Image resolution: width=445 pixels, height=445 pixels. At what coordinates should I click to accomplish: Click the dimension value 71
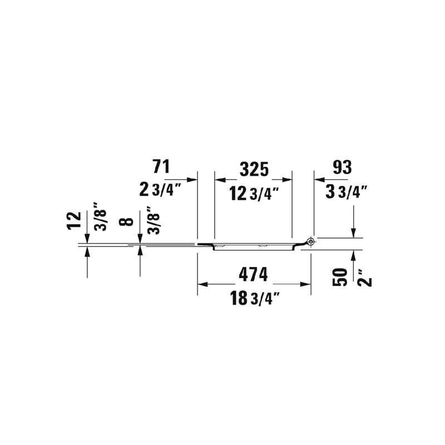(x=161, y=166)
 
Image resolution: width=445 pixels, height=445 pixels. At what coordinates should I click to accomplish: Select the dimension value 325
(x=254, y=170)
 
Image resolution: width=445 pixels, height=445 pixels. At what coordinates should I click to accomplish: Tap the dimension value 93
(x=342, y=167)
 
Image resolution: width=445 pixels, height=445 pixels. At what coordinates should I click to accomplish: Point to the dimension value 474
(x=253, y=274)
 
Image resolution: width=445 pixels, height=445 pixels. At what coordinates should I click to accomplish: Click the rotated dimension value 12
(x=75, y=220)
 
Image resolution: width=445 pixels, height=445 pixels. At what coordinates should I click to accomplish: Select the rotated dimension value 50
(x=340, y=277)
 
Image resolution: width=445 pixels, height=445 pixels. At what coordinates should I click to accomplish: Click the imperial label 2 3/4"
(x=160, y=190)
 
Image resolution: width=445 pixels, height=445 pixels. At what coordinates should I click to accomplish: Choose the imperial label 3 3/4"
(x=347, y=192)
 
